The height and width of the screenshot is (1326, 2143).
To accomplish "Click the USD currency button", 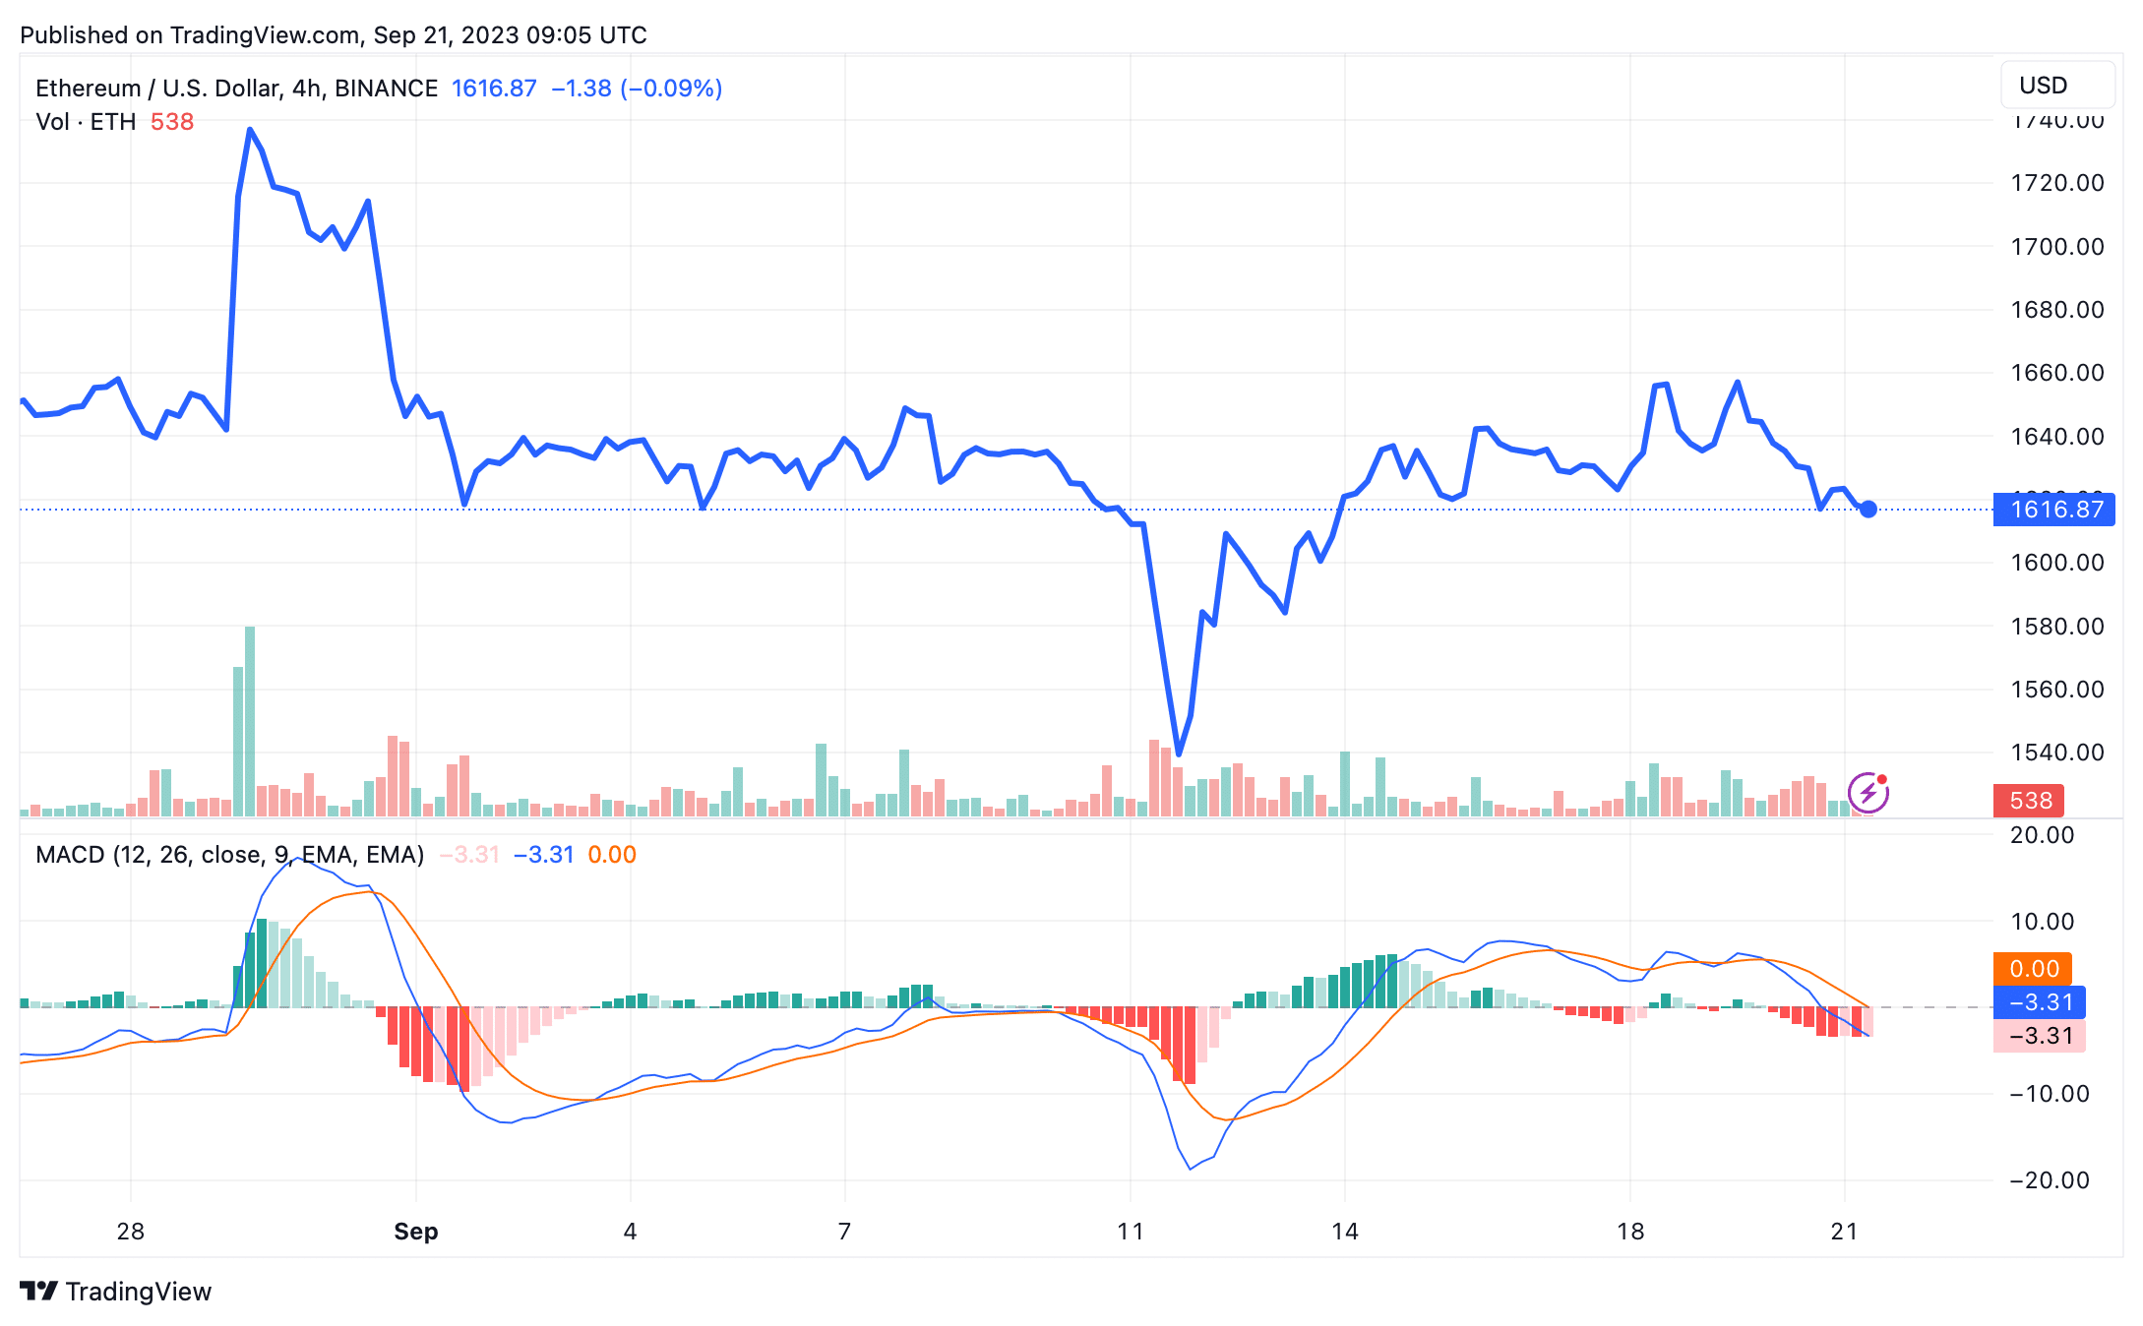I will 2055,86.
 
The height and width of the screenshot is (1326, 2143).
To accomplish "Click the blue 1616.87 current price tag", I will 2054,510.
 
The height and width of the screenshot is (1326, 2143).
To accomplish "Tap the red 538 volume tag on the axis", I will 2029,801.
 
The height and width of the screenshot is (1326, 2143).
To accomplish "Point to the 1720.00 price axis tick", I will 2056,183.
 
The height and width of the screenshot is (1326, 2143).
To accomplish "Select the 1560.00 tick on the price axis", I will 2056,690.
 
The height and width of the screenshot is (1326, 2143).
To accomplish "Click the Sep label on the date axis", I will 415,1232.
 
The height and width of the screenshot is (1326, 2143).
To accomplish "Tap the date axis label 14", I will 1344,1232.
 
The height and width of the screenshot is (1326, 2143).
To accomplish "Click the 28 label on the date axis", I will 130,1232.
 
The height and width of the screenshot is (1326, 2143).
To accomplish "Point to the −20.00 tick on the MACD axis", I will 2049,1180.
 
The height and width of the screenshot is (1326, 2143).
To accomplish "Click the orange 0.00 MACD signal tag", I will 2033,969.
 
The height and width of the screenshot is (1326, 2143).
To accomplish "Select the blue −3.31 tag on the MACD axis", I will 2039,1002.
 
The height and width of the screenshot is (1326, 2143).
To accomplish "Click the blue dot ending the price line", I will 1868,510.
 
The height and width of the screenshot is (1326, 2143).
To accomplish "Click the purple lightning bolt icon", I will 1867,793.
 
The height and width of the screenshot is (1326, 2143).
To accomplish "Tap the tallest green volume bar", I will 250,723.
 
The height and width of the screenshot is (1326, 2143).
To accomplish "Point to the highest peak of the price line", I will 250,129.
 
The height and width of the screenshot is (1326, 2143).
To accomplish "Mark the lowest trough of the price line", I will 1179,753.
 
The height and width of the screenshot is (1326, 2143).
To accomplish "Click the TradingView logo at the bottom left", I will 116,1292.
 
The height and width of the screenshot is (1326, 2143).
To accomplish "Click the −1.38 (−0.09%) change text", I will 637,89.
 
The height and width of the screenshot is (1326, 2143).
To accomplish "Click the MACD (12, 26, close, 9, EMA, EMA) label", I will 229,855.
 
